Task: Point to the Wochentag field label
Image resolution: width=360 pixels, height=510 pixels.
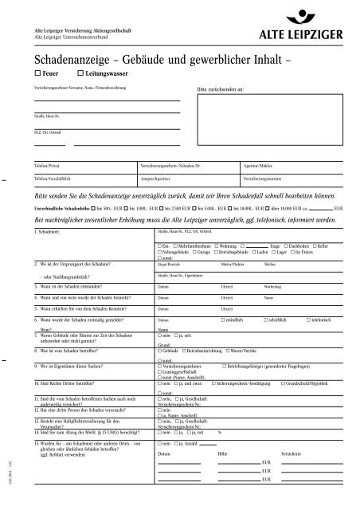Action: pos(273,284)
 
